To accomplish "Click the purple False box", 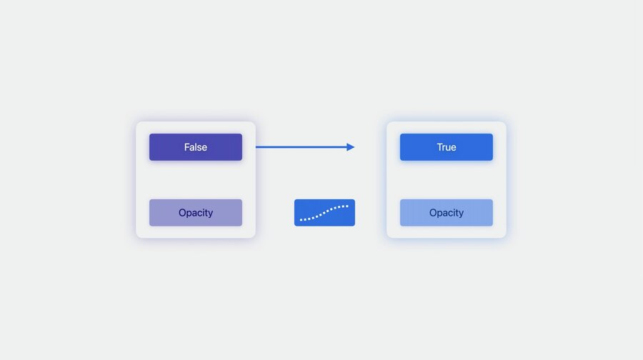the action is point(196,147).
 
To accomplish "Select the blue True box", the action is point(446,147).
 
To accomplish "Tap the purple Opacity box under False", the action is point(196,212).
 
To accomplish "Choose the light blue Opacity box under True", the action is point(446,212).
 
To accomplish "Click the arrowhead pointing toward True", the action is point(350,147).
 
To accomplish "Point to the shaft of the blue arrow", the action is point(301,147).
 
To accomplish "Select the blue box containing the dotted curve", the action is point(324,212).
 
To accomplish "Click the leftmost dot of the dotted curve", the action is point(301,220).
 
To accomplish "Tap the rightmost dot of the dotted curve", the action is point(347,206).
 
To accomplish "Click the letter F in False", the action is point(187,147).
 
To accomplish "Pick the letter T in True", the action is point(439,147).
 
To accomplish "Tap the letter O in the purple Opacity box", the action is point(182,213).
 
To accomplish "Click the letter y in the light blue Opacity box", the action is point(461,214).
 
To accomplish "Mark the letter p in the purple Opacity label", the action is point(189,214).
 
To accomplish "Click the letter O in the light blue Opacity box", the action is point(433,213).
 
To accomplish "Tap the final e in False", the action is point(204,148).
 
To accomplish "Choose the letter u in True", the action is point(448,148).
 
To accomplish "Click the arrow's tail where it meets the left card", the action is point(256,147).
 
